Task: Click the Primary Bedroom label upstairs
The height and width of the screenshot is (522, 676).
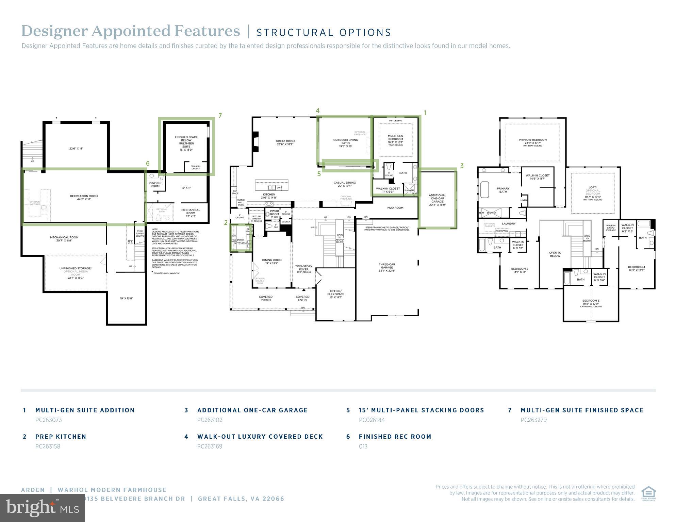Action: (x=532, y=140)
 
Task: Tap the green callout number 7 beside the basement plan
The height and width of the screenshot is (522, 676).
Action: (x=220, y=116)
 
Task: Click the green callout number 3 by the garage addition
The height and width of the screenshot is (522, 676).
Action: (x=462, y=166)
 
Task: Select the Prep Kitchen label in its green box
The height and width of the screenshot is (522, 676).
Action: (x=241, y=241)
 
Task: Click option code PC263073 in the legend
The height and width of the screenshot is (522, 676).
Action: (x=49, y=420)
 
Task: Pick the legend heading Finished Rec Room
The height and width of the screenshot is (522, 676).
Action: (x=395, y=437)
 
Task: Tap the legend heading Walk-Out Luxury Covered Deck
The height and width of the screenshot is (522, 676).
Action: (x=260, y=437)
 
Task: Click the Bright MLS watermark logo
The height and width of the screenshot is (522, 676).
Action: (x=42, y=508)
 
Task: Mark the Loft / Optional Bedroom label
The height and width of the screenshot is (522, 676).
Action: (x=593, y=190)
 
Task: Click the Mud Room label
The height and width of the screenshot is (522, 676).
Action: (x=395, y=207)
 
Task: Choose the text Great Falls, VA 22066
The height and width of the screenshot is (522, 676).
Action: (x=241, y=499)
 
